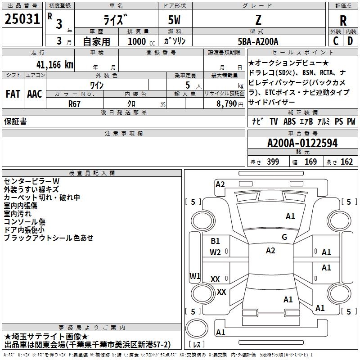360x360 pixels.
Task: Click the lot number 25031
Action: [22, 19]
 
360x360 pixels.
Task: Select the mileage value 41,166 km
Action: [55, 64]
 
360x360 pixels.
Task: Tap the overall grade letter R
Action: [343, 21]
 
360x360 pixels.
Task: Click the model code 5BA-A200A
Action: [258, 41]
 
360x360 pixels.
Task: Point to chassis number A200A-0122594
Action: [302, 143]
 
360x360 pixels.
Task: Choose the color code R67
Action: [74, 104]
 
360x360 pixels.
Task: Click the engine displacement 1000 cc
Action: [141, 41]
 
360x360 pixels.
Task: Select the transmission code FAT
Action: [13, 94]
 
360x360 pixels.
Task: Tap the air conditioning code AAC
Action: [35, 94]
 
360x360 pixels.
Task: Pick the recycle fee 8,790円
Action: [230, 104]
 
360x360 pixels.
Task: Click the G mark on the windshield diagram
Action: [284, 237]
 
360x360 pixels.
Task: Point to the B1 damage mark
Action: [215, 241]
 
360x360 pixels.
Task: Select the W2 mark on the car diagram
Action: [215, 252]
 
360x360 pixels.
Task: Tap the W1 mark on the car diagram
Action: [195, 276]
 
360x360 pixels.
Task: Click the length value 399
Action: [273, 162]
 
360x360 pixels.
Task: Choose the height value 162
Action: [346, 162]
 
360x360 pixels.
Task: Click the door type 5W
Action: [174, 20]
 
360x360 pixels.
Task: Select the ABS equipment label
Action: [289, 121]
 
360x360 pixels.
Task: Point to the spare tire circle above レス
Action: [197, 328]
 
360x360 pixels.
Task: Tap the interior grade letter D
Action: [350, 41]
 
